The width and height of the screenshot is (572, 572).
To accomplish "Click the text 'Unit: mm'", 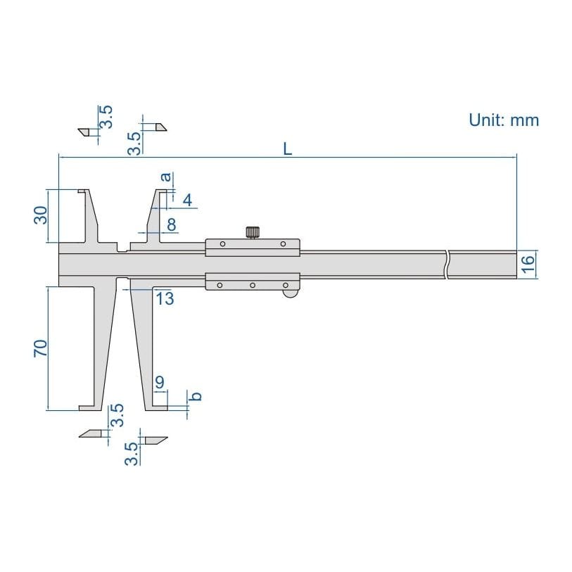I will click(x=504, y=120).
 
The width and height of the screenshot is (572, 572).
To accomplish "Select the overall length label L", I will click(x=286, y=148).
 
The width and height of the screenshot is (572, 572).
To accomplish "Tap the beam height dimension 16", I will click(x=529, y=264).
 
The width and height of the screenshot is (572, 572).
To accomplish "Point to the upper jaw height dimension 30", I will click(x=40, y=215).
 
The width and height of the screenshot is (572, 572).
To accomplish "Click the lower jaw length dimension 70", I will click(x=40, y=348).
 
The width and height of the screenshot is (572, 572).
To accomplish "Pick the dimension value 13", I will click(x=165, y=298).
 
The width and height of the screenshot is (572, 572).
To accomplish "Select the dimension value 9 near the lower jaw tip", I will click(x=160, y=383).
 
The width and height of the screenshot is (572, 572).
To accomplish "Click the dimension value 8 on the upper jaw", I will click(x=171, y=225).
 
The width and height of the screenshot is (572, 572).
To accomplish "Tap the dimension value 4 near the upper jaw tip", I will click(x=187, y=201).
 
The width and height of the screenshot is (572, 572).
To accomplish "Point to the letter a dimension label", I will click(x=167, y=177).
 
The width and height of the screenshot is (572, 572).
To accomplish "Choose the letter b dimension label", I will click(x=197, y=396).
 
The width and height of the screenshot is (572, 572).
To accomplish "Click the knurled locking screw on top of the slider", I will click(x=253, y=231).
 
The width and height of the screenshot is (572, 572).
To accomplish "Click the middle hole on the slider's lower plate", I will click(x=253, y=285).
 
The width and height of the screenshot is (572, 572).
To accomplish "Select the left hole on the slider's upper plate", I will click(x=222, y=244).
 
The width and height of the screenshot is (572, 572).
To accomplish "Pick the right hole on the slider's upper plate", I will click(x=284, y=244).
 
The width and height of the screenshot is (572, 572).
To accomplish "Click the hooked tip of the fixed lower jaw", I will click(x=85, y=406).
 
